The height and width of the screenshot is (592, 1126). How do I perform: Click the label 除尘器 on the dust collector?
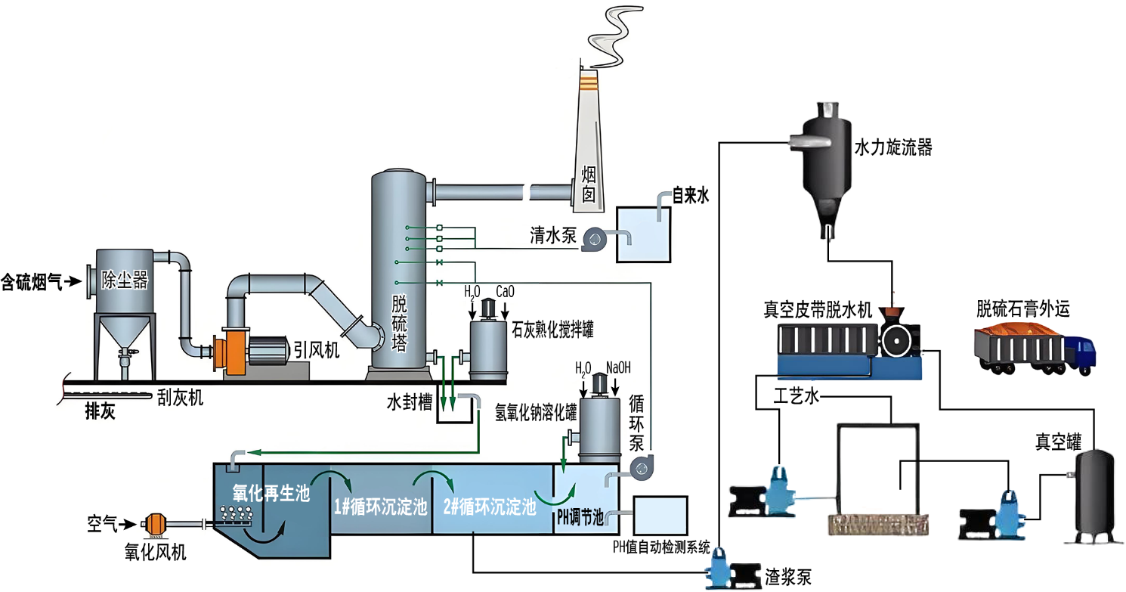click(125, 281)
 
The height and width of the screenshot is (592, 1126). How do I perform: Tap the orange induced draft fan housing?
click(229, 355)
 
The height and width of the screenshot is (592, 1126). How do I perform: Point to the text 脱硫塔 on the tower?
click(399, 324)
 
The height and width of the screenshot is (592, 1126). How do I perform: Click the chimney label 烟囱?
click(589, 185)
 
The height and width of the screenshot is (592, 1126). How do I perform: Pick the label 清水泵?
click(552, 237)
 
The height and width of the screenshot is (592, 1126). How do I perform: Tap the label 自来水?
click(690, 197)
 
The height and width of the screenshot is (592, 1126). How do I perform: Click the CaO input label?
click(506, 290)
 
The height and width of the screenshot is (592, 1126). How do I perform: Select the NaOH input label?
click(618, 368)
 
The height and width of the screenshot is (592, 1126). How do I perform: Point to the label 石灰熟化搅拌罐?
click(552, 330)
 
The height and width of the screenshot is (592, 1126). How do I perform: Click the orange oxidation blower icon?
click(154, 523)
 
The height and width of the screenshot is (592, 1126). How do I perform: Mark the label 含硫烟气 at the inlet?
click(31, 282)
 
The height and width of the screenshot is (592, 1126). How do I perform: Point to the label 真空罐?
click(1058, 443)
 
